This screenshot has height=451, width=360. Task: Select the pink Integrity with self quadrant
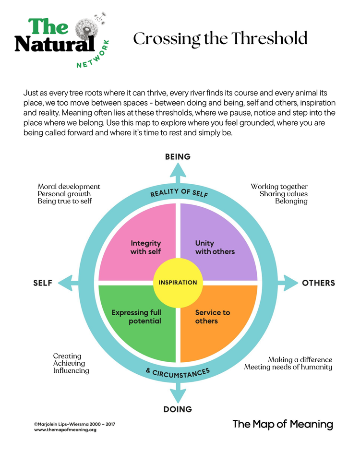coord(139,240)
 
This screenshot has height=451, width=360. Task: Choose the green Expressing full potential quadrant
coord(137,324)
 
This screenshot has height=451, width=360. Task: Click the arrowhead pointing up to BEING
coord(178,170)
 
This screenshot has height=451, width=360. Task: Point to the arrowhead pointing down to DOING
coord(178,395)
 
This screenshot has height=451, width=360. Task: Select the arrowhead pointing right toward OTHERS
coord(291,283)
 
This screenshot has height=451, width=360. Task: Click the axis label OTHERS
coord(318,283)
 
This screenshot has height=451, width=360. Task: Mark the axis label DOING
coord(178,409)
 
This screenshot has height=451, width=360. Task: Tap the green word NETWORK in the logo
coord(93,55)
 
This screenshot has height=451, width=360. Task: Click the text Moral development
coord(69,186)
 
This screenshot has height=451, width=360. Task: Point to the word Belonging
coord(291,201)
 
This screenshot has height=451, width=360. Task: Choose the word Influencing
coord(71,371)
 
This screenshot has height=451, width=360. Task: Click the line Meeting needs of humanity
coord(288,367)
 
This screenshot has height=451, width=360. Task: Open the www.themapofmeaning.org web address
coord(65,430)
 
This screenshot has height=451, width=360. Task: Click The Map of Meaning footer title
coord(282,424)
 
